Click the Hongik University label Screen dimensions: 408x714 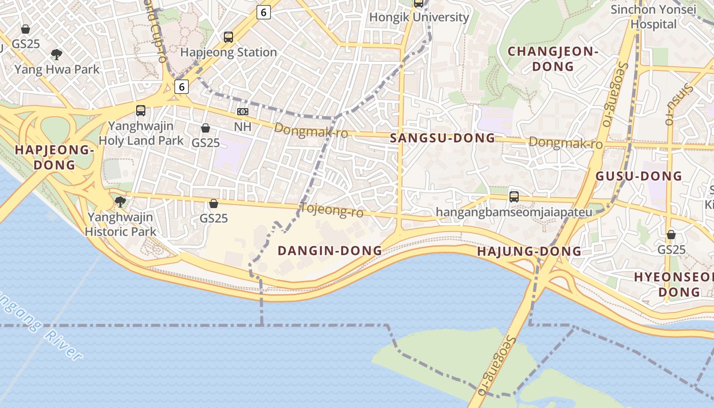coord(419,17)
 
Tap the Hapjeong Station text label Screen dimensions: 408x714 coord(228,52)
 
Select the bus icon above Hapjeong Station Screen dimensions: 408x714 coord(228,37)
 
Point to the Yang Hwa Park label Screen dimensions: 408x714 coord(57,69)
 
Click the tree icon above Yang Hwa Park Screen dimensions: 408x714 coord(57,54)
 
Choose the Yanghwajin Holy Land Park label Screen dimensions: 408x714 coord(141,133)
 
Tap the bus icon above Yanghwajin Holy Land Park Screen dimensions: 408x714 coord(141,110)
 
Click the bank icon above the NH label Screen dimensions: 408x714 coord(243,111)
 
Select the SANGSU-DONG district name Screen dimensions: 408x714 coord(442,138)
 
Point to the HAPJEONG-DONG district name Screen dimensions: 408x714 coord(55,157)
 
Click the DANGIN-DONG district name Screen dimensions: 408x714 coord(329,250)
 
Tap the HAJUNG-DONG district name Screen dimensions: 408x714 coord(529,251)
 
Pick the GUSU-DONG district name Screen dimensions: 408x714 coord(639,176)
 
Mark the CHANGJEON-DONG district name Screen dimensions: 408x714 coord(553,59)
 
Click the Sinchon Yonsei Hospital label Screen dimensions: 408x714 coord(653,17)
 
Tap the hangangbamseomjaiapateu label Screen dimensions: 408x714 coord(514,212)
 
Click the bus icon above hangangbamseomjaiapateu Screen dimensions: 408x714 coord(514,196)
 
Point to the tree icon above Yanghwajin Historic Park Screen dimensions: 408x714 coord(120,202)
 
